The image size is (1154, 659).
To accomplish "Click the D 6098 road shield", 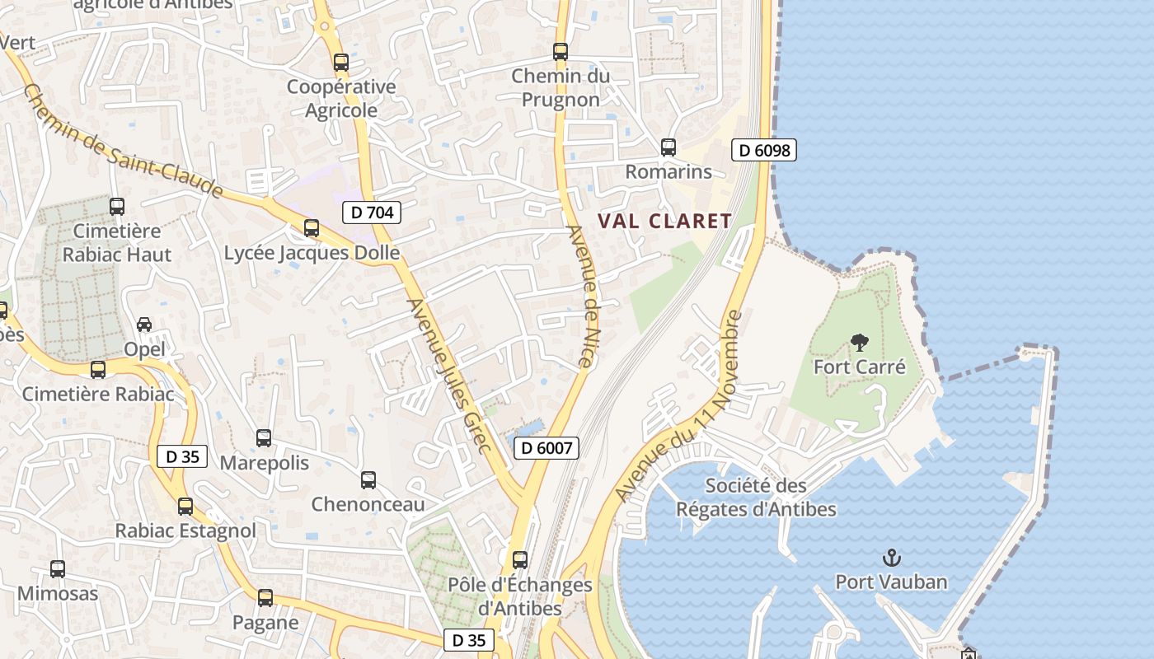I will click(764, 150).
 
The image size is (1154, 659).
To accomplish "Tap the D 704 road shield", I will click(372, 213).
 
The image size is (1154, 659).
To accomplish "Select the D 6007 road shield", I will click(547, 448).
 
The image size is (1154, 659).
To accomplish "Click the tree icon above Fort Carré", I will click(859, 343).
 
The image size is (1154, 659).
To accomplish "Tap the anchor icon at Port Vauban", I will click(891, 559).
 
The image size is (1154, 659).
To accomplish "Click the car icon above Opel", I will click(144, 325).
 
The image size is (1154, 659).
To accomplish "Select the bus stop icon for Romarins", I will click(668, 147).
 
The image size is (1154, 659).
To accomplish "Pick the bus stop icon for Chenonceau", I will click(368, 479).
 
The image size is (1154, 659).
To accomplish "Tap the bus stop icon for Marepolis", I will click(264, 438).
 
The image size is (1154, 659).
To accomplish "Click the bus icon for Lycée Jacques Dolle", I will click(312, 228).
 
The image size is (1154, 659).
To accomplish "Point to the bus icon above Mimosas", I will click(58, 568).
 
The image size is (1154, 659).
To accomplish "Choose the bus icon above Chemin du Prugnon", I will click(561, 52).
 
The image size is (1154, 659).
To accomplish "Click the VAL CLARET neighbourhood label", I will click(664, 221).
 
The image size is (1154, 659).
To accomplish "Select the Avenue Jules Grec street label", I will click(450, 376).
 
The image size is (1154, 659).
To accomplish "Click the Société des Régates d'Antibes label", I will click(756, 498).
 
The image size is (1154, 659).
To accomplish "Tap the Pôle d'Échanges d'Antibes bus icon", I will click(520, 560).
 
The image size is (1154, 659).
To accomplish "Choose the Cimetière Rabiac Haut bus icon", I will click(117, 207).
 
